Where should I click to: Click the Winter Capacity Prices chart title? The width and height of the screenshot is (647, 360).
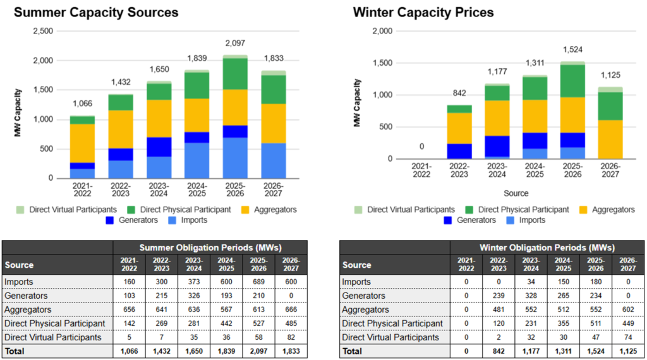tap(423, 13)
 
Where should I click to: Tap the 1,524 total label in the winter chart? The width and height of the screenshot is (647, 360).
tap(572, 48)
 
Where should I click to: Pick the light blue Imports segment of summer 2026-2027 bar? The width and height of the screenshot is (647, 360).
tap(273, 160)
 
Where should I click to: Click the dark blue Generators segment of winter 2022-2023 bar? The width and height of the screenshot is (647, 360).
tap(459, 151)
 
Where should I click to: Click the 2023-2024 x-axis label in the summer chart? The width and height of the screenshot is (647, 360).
tap(158, 190)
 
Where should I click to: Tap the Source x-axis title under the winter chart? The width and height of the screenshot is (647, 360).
tap(516, 193)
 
